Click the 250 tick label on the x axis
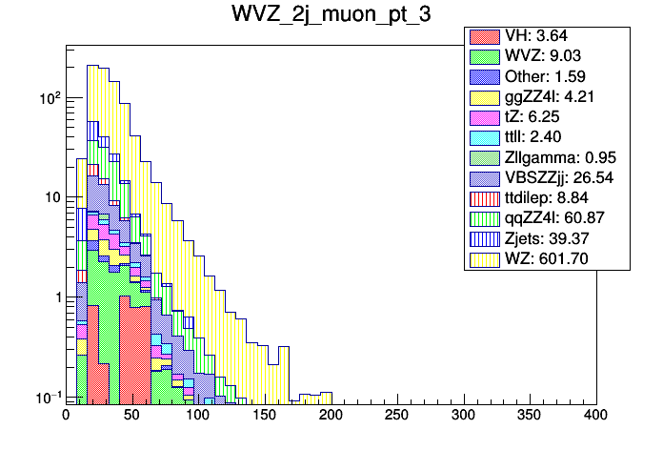(x=397, y=415)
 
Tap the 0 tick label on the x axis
(x=67, y=415)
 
